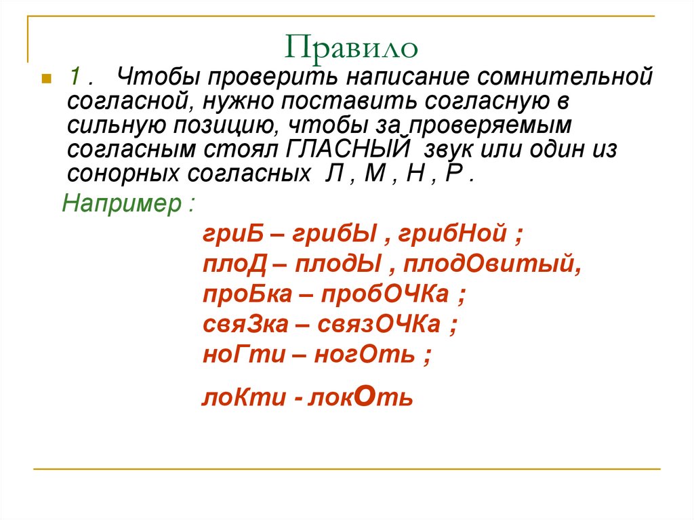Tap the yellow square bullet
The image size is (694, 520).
(x=46, y=79)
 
